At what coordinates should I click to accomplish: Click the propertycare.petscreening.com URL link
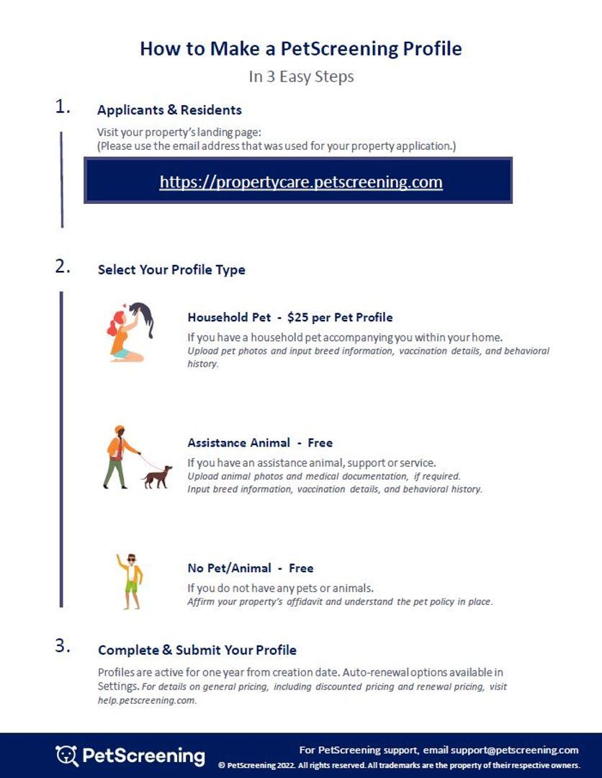pos(301,182)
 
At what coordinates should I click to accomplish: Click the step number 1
pos(63,107)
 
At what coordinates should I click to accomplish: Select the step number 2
pos(63,267)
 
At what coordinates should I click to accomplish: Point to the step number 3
pos(63,646)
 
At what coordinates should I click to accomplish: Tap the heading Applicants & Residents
pos(169,110)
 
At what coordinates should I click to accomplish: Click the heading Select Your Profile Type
pos(171,270)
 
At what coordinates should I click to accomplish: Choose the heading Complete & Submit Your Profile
pos(197,650)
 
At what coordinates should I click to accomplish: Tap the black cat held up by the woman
pos(145,317)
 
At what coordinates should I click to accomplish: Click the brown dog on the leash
pos(158,477)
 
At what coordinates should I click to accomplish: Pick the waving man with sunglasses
pos(130,581)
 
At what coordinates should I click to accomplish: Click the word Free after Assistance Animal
pos(320,442)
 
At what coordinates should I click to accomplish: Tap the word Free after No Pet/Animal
pos(301,568)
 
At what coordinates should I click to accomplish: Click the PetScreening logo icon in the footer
pos(66,755)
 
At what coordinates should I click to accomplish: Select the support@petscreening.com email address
pos(514,750)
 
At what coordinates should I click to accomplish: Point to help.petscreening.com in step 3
pos(146,700)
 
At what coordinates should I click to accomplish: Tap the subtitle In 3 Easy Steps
pos(301,76)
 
